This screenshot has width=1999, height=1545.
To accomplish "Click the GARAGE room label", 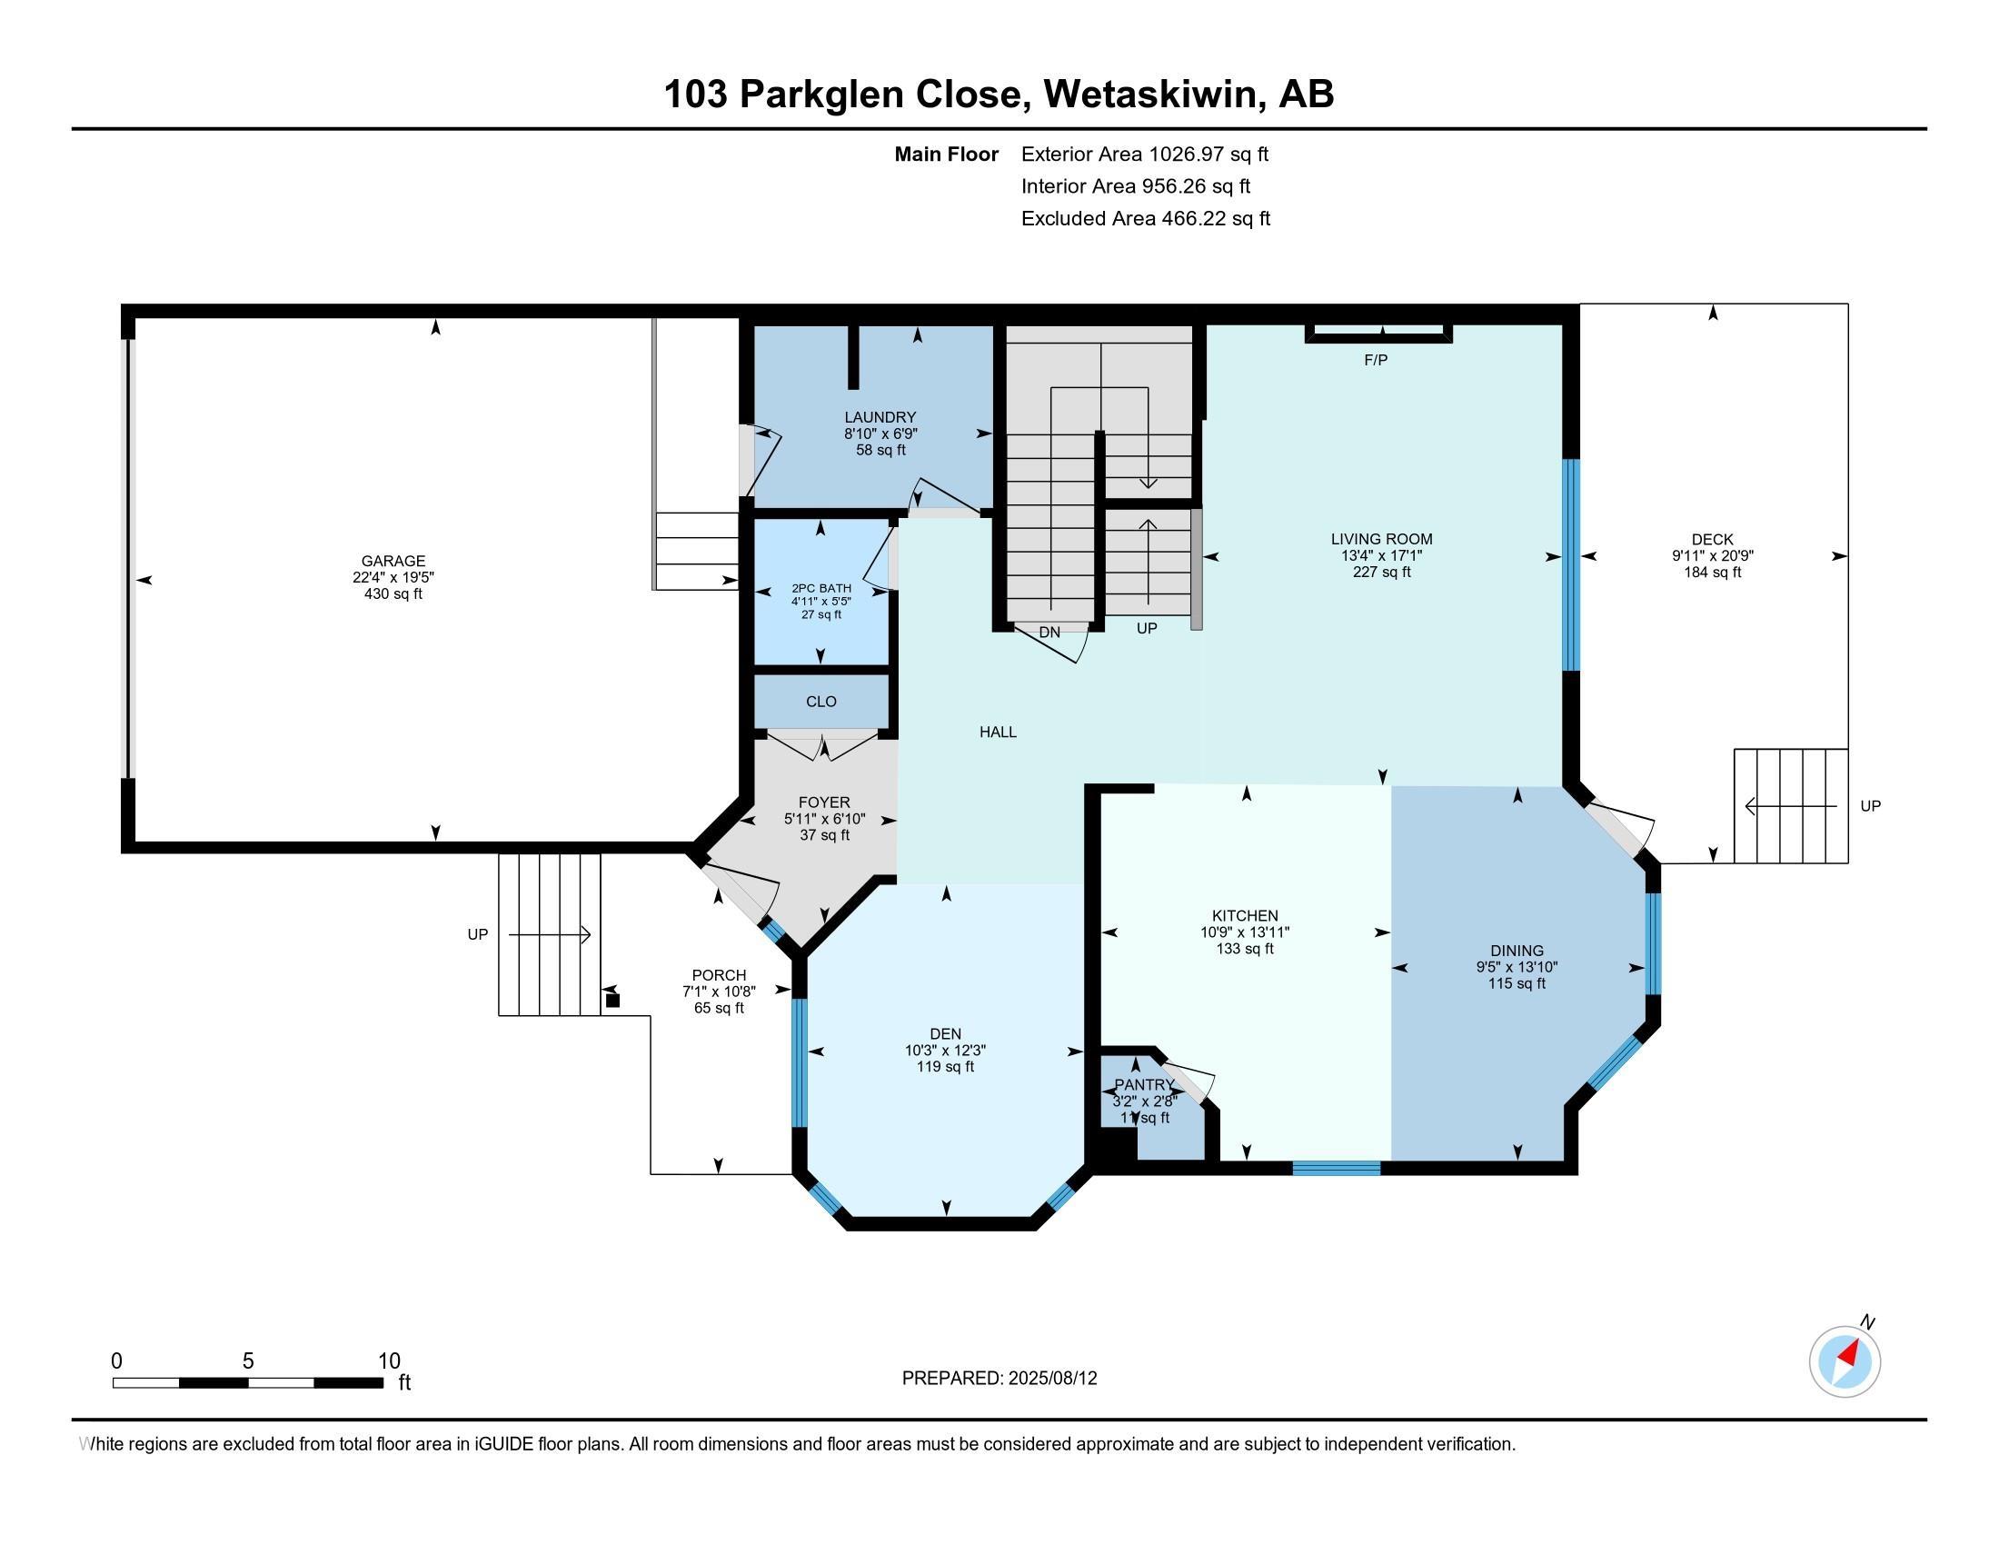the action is point(393,561).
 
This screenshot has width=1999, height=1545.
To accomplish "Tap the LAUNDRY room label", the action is point(880,417).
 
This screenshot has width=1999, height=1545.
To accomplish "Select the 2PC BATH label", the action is point(821,589).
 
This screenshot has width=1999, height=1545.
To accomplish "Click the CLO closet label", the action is point(821,701).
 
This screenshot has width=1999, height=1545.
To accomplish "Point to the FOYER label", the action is point(825,802).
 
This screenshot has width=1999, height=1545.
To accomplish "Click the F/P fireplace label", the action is point(1376,361).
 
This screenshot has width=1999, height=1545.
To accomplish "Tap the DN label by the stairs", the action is point(1049,633).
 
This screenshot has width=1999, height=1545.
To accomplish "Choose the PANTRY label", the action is point(1144,1084).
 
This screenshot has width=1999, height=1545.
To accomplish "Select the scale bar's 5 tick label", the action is point(248,1361).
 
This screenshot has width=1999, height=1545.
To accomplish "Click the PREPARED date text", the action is point(999,1379).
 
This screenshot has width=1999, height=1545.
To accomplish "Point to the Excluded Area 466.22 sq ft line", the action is point(1146,219).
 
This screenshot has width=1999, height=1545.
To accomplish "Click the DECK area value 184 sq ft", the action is point(1713,573).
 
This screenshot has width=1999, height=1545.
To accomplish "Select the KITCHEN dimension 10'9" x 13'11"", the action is point(1245,932).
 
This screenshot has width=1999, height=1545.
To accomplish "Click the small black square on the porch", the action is point(613,1001).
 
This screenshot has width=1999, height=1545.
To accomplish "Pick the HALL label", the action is point(998,733).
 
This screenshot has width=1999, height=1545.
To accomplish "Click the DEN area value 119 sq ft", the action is point(946,1067).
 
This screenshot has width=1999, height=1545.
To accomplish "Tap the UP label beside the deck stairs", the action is point(1871,806).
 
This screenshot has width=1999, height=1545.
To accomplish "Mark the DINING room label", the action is point(1517,951).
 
